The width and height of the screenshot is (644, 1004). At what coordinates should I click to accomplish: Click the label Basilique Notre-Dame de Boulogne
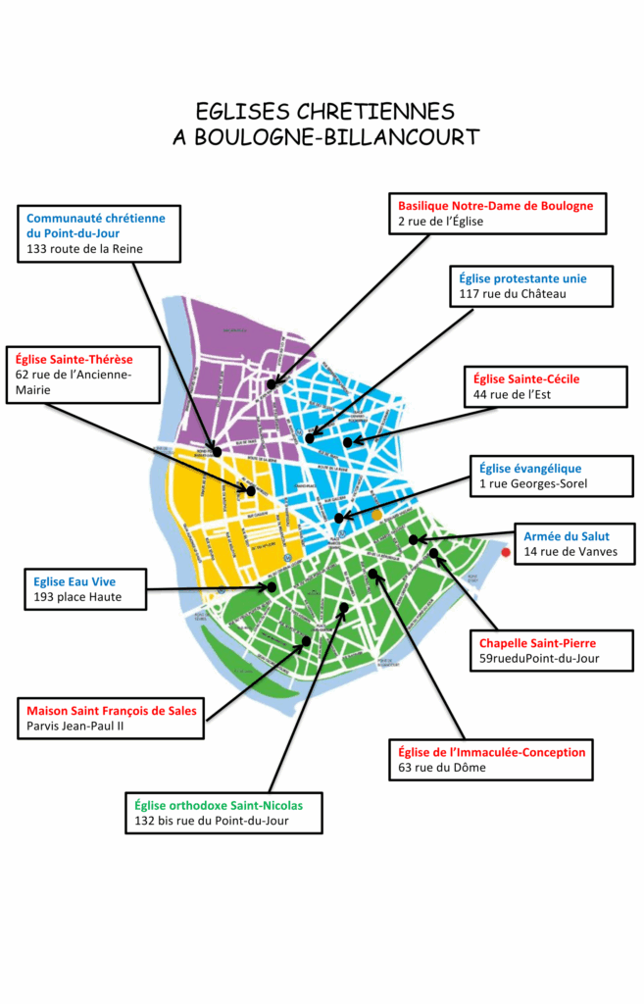495,206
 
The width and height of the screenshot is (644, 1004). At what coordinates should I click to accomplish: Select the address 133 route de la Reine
85,249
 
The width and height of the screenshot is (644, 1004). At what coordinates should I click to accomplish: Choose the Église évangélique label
530,469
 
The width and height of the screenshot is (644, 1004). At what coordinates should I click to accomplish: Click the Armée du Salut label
567,536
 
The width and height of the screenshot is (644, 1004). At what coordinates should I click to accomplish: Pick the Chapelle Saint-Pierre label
537,643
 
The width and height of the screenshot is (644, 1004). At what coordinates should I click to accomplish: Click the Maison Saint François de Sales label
112,710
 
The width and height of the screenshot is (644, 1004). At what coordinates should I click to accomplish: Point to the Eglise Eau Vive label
74,581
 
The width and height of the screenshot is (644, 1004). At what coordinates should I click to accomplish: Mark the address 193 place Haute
76,597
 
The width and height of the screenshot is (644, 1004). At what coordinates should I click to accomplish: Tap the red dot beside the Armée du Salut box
505,554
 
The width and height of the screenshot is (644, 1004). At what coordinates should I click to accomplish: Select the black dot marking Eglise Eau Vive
272,587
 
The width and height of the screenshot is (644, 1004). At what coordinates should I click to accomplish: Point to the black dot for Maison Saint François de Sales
306,640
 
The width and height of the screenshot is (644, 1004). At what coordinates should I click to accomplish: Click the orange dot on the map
376,514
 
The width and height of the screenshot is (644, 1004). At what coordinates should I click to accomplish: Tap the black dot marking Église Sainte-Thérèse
251,490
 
